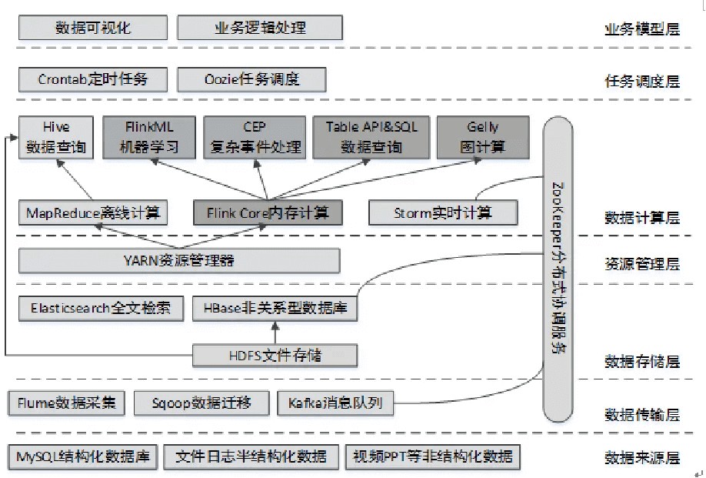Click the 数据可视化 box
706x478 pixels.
(x=93, y=28)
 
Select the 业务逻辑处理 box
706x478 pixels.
(x=259, y=28)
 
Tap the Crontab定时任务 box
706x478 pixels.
(x=93, y=79)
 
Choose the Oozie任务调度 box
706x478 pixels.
(x=251, y=79)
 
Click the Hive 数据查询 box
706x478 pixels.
(x=55, y=138)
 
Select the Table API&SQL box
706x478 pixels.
(x=371, y=138)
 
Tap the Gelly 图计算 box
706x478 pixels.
(x=482, y=138)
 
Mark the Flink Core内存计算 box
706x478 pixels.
(x=267, y=212)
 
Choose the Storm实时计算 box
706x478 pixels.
(x=442, y=212)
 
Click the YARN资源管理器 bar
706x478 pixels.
(x=178, y=260)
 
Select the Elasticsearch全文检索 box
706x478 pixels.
(x=101, y=309)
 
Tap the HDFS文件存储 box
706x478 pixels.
(x=275, y=355)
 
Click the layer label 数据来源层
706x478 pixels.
(x=642, y=458)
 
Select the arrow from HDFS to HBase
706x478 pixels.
(x=274, y=333)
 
